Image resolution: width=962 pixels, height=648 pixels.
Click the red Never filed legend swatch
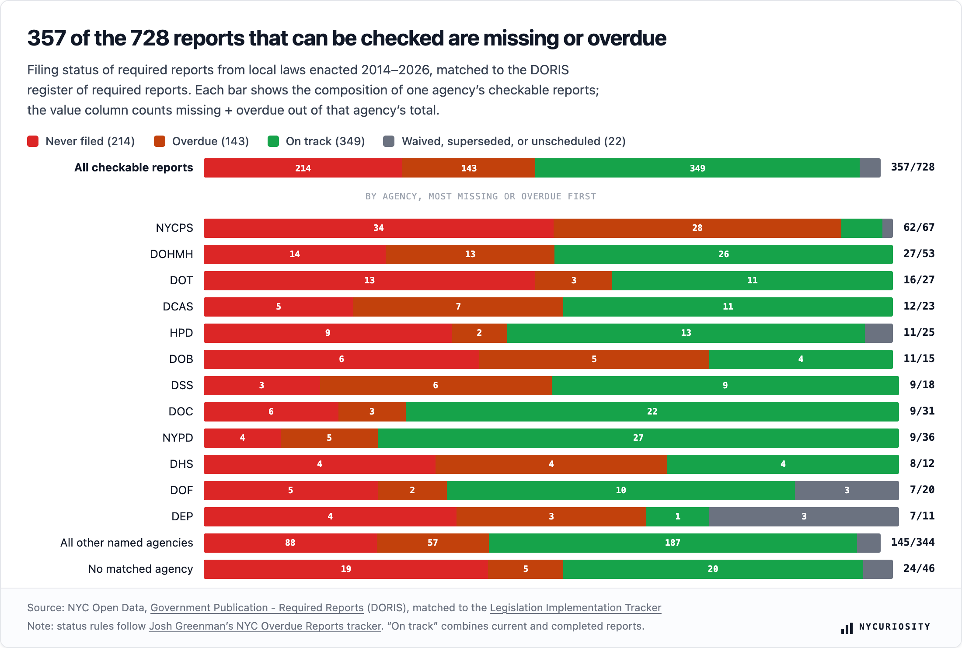click(x=33, y=141)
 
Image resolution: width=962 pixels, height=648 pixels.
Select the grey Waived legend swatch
click(x=389, y=141)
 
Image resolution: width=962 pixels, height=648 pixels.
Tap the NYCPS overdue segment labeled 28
click(x=697, y=228)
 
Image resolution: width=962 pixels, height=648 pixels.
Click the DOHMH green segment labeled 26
click(x=723, y=254)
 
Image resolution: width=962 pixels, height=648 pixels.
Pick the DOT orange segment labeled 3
click(x=574, y=280)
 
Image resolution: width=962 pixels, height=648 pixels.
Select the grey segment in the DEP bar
click(x=804, y=516)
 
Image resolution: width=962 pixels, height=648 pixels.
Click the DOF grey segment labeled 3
click(x=847, y=490)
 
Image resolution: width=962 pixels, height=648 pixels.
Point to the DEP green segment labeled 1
click(x=678, y=516)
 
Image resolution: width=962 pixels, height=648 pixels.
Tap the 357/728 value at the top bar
click(x=913, y=167)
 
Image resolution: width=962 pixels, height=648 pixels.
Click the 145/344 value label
click(x=913, y=542)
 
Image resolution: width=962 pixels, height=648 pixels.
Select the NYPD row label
click(x=178, y=438)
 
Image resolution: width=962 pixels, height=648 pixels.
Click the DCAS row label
click(x=178, y=307)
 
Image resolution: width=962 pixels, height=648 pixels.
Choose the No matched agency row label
click(x=140, y=569)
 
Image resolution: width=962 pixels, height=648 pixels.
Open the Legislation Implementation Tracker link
click(x=575, y=608)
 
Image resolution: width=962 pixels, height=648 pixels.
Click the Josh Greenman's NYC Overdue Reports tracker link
click(x=265, y=626)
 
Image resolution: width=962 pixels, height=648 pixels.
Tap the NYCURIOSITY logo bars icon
click(x=847, y=628)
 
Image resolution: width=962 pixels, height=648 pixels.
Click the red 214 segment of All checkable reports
click(x=303, y=168)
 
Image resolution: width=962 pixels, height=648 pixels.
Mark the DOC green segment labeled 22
click(x=652, y=411)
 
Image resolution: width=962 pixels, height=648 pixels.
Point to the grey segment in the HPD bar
click(x=878, y=333)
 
